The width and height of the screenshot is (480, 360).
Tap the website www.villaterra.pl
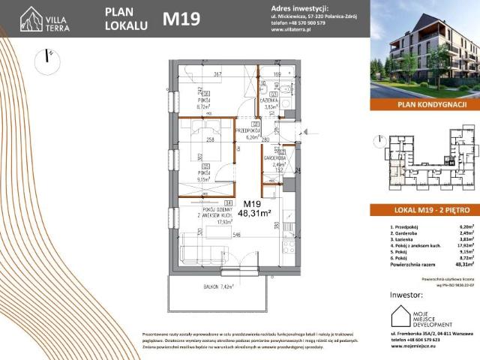[x=292, y=30]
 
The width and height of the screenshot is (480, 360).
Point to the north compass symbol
[x=48, y=56]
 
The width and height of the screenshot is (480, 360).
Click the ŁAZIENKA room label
[x=271, y=100]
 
